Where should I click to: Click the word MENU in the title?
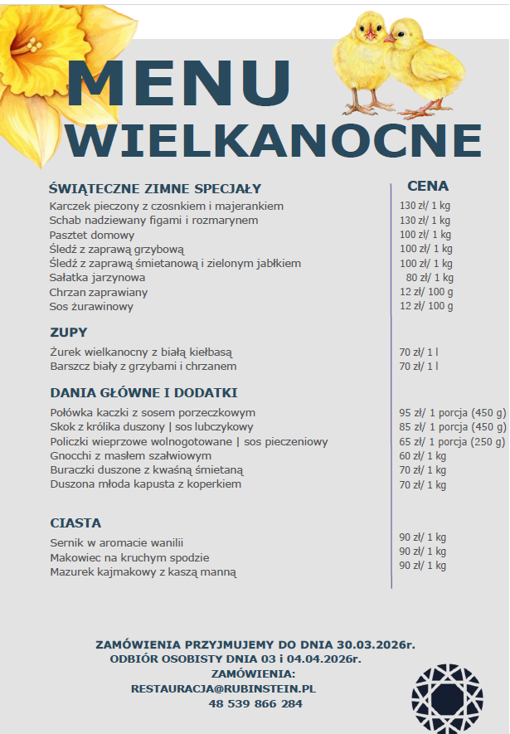(x=174, y=83)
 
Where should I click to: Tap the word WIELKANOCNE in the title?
(x=274, y=141)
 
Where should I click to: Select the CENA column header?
(x=428, y=186)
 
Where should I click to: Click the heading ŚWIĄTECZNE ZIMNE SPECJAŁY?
(x=155, y=188)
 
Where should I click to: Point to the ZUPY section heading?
(x=69, y=333)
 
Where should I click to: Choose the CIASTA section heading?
(x=75, y=523)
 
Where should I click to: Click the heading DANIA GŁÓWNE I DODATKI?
(x=143, y=392)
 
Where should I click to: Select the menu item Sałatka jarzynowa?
(x=97, y=278)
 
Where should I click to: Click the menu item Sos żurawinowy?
(x=91, y=307)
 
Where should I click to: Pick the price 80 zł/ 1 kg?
(x=430, y=278)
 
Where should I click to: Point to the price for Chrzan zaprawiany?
(x=426, y=292)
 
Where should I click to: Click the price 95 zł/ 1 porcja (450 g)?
(x=452, y=412)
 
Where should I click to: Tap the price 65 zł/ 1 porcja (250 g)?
(x=452, y=441)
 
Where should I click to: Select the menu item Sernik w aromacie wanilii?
(x=116, y=542)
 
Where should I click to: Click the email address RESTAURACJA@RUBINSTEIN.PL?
(x=223, y=688)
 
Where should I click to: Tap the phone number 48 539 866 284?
(x=255, y=703)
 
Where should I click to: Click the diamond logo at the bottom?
(x=446, y=698)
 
